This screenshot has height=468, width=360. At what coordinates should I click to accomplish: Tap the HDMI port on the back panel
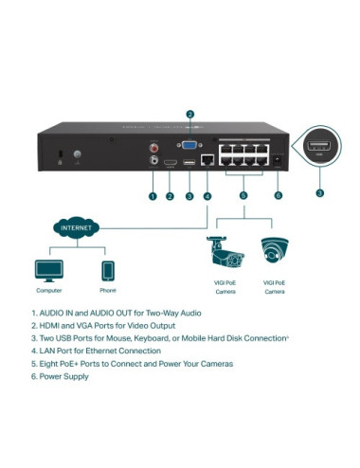(170, 163)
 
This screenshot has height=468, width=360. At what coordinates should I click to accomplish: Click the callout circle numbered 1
(152, 196)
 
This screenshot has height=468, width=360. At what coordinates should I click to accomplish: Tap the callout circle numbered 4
(207, 196)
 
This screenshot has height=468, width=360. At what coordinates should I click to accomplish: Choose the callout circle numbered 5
(243, 196)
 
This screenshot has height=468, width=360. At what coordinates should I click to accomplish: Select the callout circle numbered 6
(278, 196)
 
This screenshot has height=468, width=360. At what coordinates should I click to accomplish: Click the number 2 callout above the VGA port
(189, 115)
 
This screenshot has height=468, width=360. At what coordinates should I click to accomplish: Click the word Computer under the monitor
(48, 292)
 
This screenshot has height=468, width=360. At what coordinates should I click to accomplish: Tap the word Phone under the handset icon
(107, 292)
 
